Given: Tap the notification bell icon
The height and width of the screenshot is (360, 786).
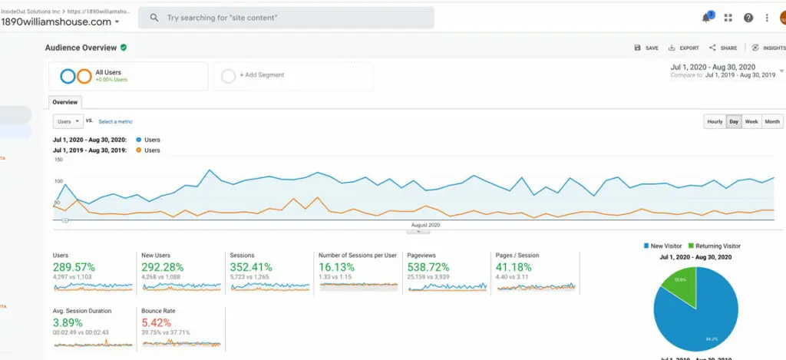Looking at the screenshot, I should click(x=706, y=18).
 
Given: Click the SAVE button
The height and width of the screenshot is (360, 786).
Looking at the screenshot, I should click(x=646, y=48).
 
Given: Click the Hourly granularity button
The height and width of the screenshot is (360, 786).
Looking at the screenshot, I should click(x=715, y=121).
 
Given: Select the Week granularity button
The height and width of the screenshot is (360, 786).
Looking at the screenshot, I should click(x=751, y=121).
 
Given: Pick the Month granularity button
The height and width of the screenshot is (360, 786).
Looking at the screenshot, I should click(x=772, y=121).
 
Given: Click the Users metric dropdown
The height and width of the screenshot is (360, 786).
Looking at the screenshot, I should click(x=68, y=121).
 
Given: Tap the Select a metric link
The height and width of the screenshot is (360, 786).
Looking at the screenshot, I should click(x=115, y=121).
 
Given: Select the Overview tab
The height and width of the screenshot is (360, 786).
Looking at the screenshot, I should click(x=64, y=102).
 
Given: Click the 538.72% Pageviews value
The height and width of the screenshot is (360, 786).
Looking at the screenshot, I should click(x=428, y=267).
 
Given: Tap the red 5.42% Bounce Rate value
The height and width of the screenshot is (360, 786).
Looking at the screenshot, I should click(x=156, y=323).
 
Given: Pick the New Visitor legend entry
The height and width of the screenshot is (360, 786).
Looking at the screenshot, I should click(x=665, y=246).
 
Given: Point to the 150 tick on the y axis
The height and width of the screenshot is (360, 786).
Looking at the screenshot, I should click(x=58, y=160).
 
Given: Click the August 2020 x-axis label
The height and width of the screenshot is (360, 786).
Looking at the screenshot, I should click(x=425, y=225).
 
